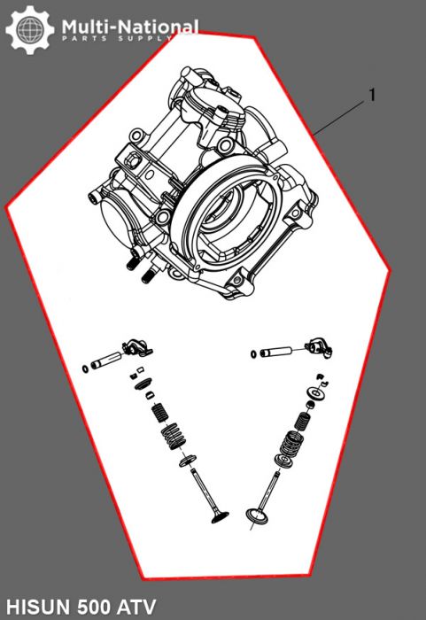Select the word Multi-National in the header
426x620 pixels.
pyautogui.click(x=129, y=27)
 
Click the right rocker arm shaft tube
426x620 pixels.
pyautogui.click(x=280, y=352)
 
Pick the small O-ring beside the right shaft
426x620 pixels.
pyautogui.click(x=253, y=354)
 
